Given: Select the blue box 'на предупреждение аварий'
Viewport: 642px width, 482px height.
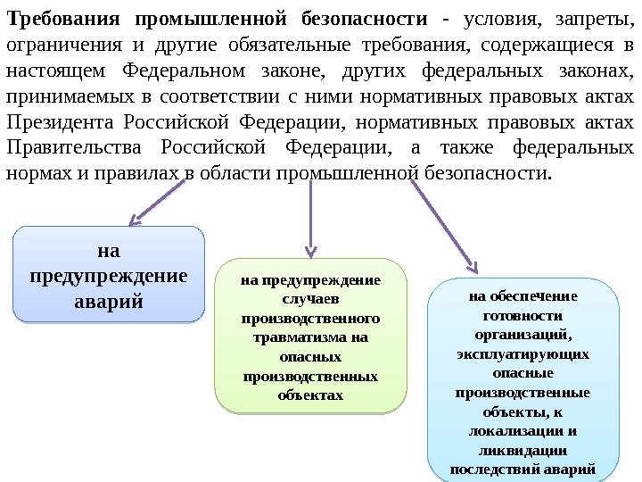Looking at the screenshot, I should tap(109, 273).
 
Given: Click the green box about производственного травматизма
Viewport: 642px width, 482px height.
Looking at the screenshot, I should tap(310, 337).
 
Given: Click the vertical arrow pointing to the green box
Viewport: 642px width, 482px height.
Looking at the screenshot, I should tap(309, 214).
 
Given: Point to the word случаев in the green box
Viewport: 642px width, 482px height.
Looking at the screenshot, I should tap(310, 299).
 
